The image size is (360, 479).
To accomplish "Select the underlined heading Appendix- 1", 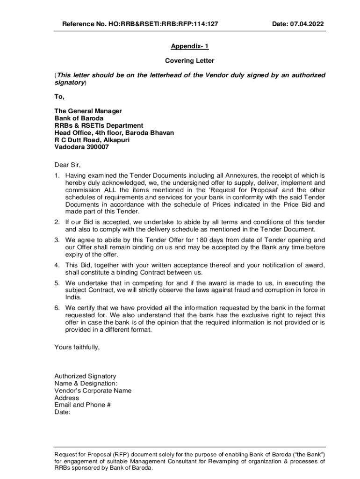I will point(189,47).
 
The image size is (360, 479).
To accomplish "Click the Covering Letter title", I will point(189,61).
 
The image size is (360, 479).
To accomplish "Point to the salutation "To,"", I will point(59,97).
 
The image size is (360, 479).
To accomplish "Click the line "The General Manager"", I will point(88,111).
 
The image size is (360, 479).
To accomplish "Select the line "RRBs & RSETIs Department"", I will point(99,125).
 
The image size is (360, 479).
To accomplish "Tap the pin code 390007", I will point(97,147).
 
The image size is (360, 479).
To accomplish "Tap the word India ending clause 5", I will point(73,297).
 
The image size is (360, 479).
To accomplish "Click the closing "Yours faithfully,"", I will point(77,347).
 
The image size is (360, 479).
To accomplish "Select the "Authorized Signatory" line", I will point(85,376).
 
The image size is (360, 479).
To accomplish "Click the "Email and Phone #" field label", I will point(82,405).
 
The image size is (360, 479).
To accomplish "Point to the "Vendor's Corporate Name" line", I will point(93,391).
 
